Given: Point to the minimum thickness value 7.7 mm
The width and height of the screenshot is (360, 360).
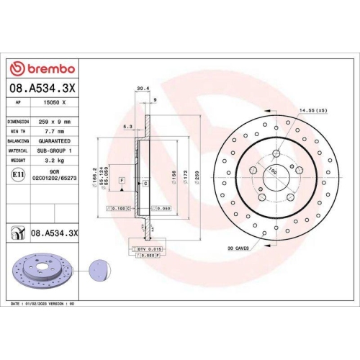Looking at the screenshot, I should click(x=53, y=132).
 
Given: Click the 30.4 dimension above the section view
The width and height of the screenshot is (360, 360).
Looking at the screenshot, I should click(x=143, y=90).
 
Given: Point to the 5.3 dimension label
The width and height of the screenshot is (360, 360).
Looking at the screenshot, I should click(x=127, y=127).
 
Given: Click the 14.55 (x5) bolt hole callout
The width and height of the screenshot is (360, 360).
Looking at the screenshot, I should click(x=312, y=110).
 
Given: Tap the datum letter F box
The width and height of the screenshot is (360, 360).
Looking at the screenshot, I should click(x=122, y=179).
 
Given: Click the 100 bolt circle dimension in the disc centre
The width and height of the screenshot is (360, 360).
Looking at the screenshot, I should click(x=273, y=171).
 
